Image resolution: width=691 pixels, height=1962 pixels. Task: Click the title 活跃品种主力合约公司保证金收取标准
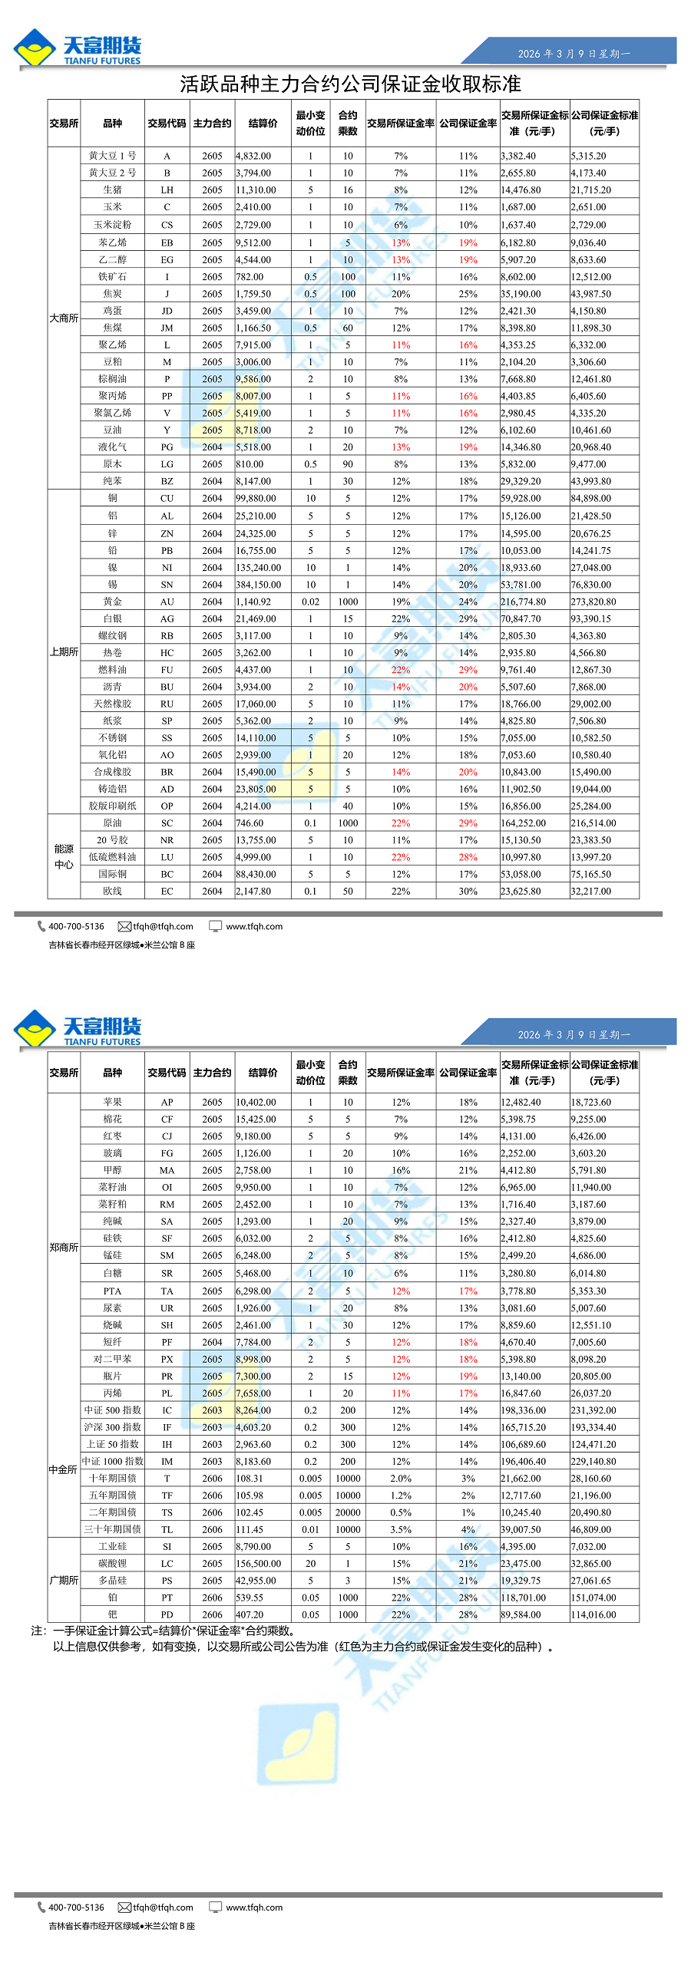tap(350, 84)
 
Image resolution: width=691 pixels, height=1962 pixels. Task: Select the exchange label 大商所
tap(64, 318)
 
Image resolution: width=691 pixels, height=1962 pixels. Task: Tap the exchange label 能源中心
tap(64, 857)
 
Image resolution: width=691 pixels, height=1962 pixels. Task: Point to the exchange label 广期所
tap(64, 1581)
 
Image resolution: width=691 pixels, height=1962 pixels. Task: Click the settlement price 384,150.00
tap(258, 585)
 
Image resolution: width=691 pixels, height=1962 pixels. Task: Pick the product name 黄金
tap(112, 602)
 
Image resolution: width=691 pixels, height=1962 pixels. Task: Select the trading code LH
tap(167, 190)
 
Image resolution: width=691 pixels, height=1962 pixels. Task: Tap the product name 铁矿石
tap(112, 276)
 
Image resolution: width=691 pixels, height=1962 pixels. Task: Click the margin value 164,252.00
tap(524, 823)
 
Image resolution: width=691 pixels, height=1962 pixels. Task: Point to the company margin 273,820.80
tap(593, 602)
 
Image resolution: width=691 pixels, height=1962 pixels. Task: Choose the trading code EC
tap(167, 892)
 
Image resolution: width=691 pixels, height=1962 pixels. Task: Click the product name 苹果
tap(112, 1102)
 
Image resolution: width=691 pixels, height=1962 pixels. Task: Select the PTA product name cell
tap(112, 1291)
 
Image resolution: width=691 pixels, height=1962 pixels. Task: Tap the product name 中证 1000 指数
tap(112, 1462)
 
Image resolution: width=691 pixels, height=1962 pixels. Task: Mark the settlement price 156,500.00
tap(258, 1564)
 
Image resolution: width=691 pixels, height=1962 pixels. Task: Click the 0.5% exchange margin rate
tap(401, 1512)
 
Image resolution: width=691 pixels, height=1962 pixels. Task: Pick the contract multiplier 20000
tap(348, 1512)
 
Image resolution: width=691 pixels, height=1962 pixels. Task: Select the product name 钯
tap(112, 1614)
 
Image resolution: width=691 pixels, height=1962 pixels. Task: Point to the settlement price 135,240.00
tap(258, 568)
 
